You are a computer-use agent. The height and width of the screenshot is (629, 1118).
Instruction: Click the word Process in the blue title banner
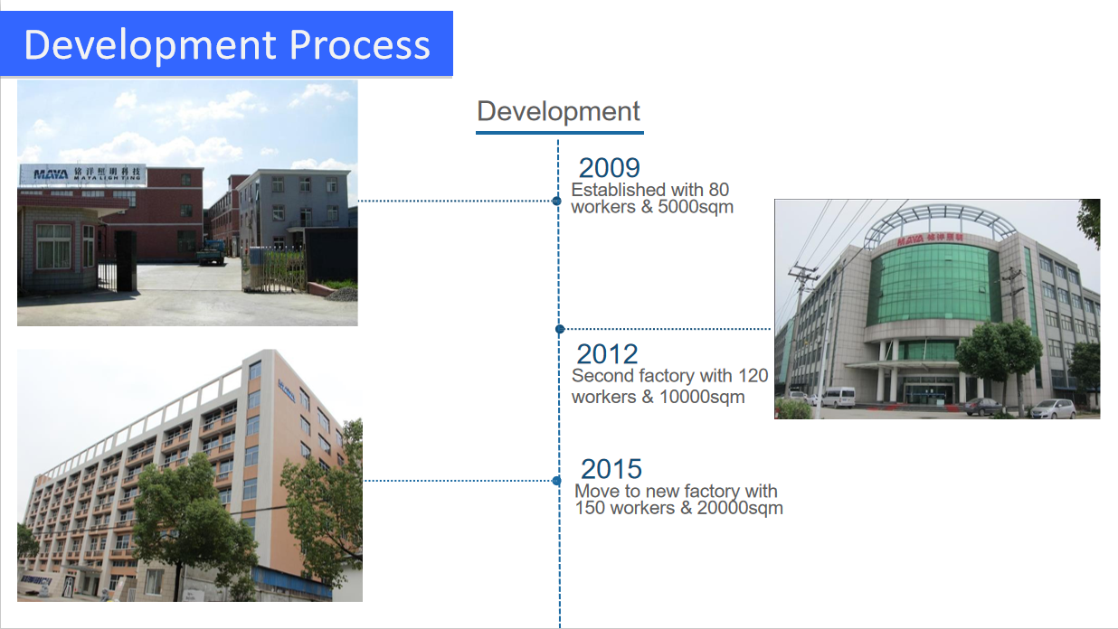click(359, 45)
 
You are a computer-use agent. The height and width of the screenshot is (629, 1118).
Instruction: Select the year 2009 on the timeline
click(609, 167)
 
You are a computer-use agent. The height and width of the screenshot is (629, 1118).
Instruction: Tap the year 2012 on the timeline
click(607, 354)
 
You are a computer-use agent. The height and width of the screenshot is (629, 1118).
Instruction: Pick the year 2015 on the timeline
click(611, 469)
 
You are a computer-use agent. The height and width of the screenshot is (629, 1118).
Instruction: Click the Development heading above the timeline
click(558, 111)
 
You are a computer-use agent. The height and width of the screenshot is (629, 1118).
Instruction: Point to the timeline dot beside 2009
click(557, 201)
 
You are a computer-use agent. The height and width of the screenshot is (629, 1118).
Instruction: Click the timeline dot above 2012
click(560, 329)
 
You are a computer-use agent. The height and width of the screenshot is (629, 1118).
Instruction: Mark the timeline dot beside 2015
click(557, 481)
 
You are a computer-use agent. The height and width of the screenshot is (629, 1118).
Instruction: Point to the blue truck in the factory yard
click(211, 252)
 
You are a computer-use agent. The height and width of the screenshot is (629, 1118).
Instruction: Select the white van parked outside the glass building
click(838, 397)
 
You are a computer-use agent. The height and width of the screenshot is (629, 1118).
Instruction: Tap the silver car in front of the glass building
click(1053, 408)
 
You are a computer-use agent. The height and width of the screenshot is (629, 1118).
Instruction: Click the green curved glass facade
click(933, 285)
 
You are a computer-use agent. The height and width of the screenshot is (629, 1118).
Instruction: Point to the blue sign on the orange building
click(287, 390)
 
